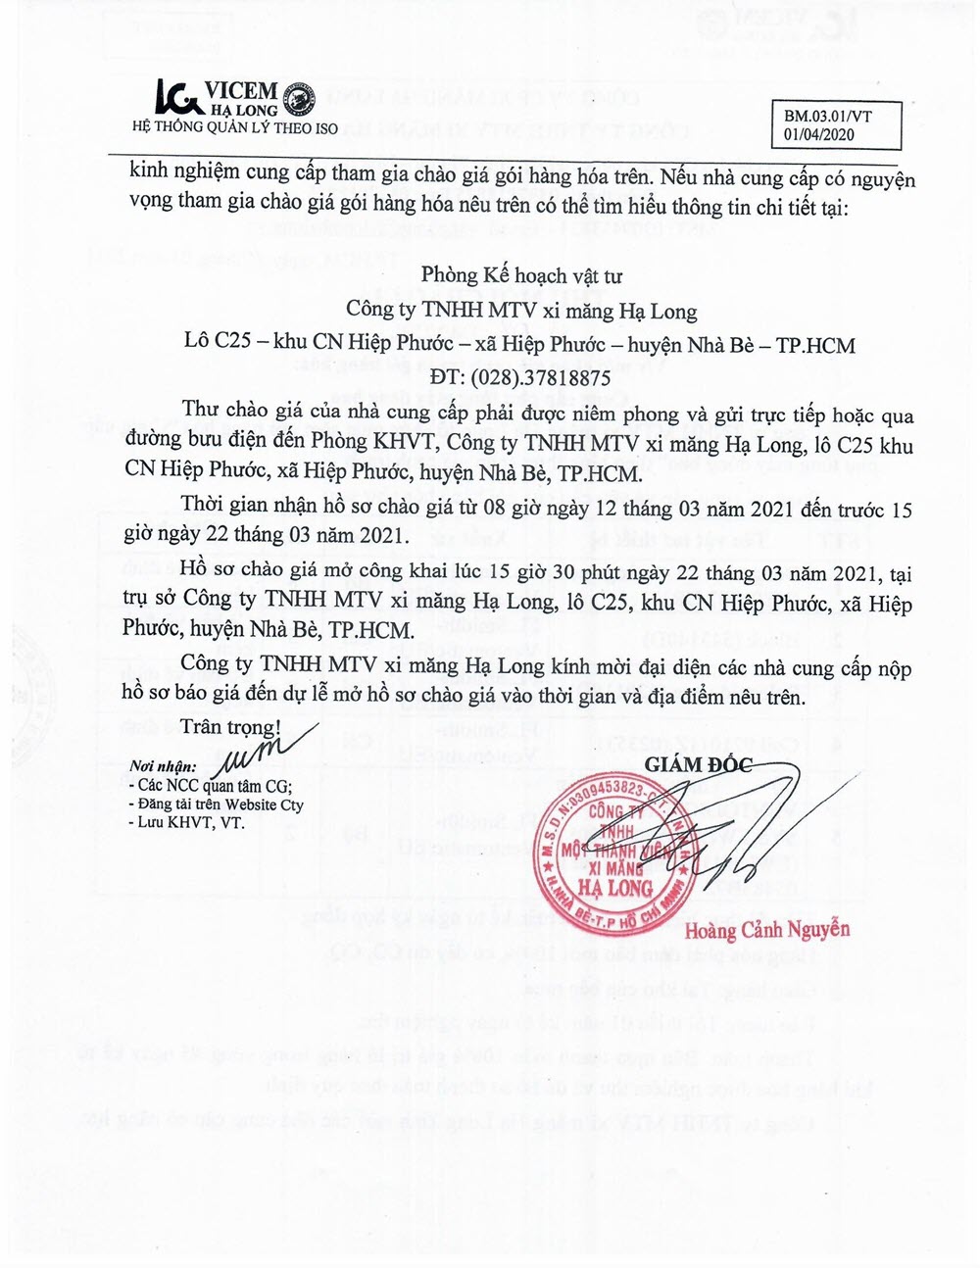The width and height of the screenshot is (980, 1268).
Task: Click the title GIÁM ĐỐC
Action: click(698, 765)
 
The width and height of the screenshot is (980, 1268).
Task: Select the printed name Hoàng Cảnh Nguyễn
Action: click(766, 930)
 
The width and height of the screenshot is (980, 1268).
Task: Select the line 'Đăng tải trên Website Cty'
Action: click(217, 805)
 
